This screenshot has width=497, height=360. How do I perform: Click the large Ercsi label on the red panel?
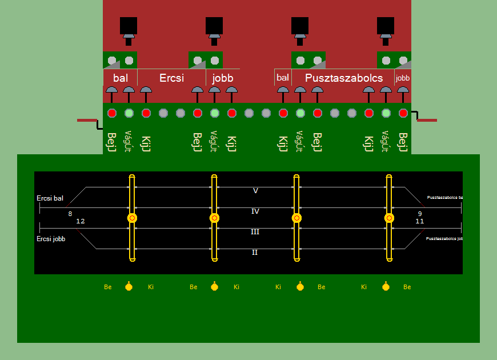[x=171, y=78]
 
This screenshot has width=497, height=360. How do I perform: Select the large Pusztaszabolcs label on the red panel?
[x=343, y=78]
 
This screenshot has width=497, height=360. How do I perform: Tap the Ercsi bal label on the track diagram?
[x=50, y=198]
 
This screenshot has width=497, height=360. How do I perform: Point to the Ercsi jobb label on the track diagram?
[x=51, y=239]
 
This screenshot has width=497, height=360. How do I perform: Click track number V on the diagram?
[x=255, y=191]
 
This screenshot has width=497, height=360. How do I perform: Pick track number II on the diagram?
[x=255, y=252]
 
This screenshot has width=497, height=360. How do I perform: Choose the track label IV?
[x=255, y=211]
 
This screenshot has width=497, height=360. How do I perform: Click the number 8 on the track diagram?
[x=70, y=214]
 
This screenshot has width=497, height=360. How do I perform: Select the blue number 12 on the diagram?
[x=80, y=221]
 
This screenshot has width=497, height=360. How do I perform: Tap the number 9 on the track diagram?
[x=420, y=214]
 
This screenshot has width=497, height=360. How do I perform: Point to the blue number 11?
[x=420, y=221]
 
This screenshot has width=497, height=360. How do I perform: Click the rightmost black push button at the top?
[x=386, y=26]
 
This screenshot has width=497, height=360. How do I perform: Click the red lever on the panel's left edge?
[x=87, y=120]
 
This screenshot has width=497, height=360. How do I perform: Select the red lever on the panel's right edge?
[x=427, y=120]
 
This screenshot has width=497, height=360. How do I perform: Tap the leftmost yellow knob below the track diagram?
[x=129, y=286]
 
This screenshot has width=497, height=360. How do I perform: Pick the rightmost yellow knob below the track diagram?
[x=387, y=286]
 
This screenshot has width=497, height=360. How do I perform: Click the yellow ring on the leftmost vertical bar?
[x=133, y=218]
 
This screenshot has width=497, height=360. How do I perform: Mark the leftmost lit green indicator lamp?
[x=129, y=113]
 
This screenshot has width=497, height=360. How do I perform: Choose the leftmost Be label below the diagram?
[x=108, y=287]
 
